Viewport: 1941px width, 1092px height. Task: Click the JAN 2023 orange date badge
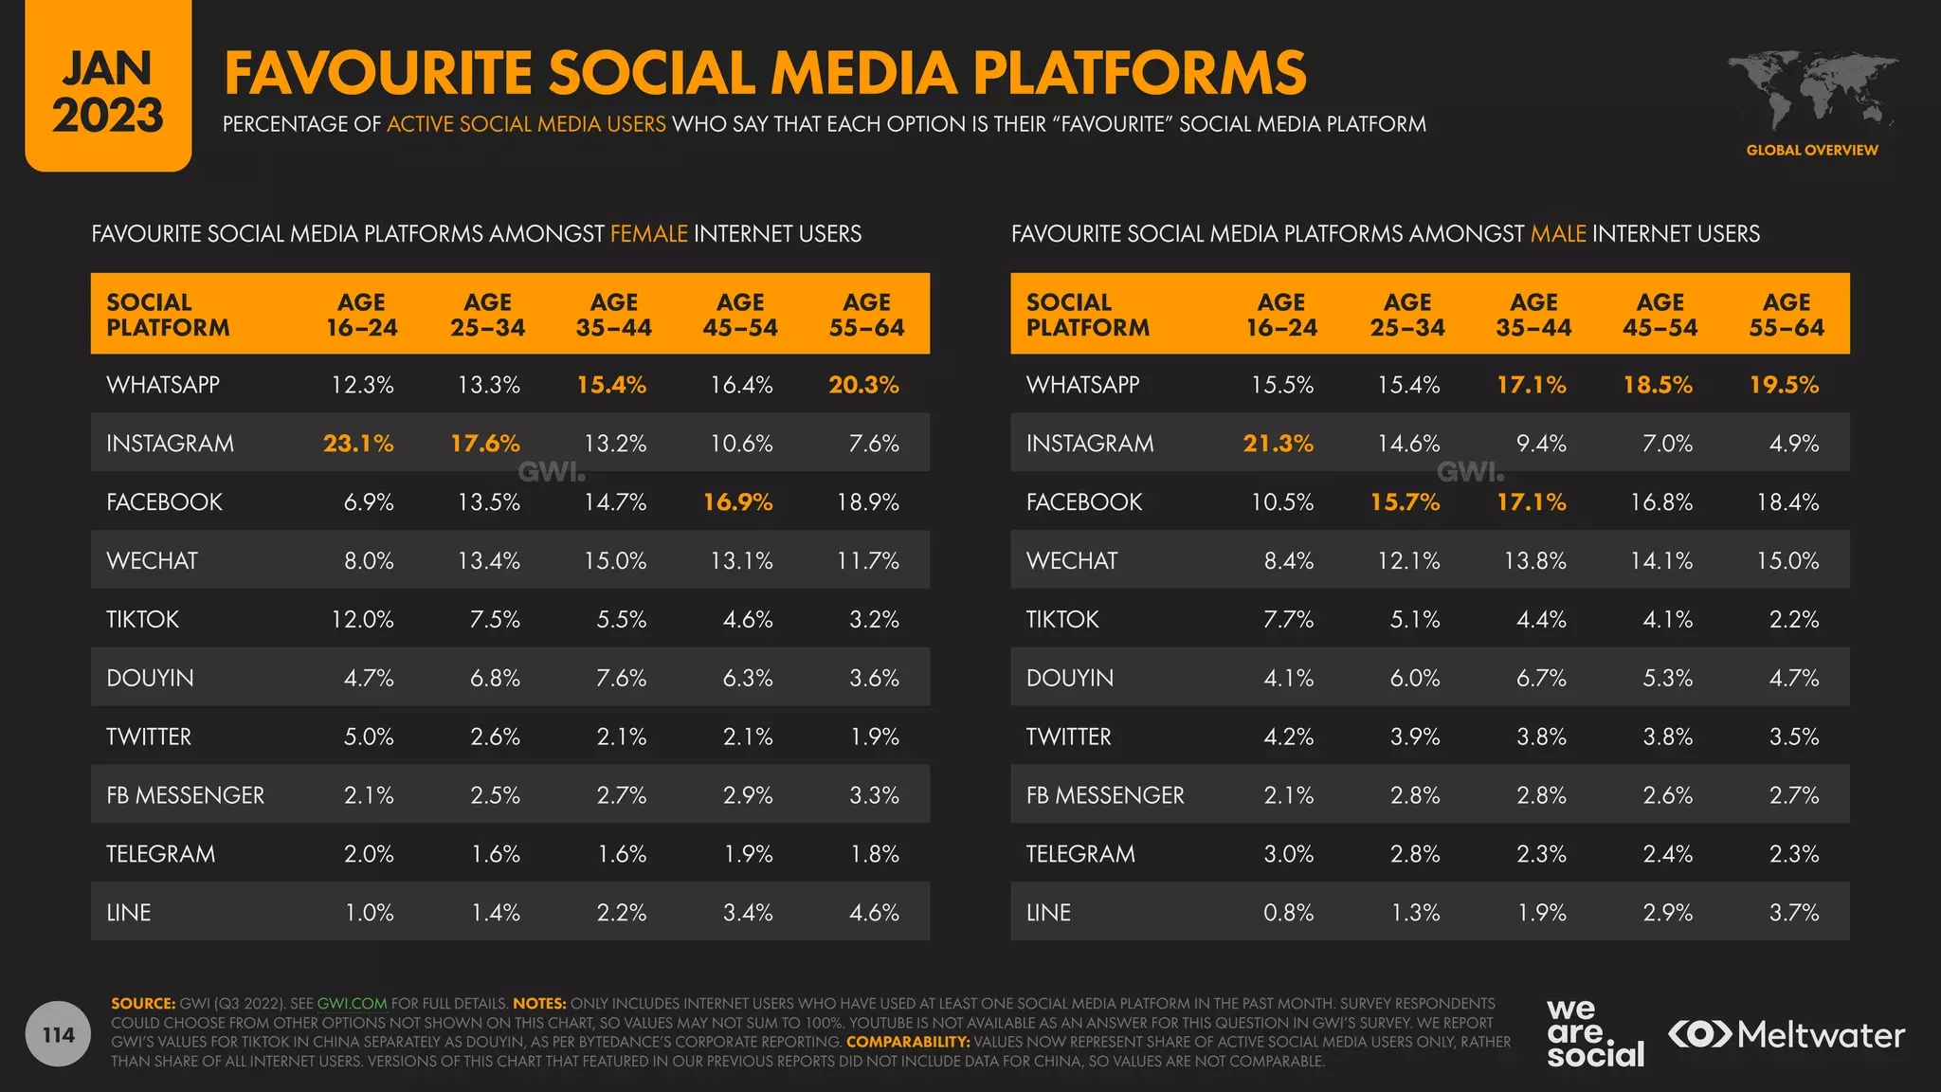[108, 91]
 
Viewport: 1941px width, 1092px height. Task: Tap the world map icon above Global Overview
[1811, 90]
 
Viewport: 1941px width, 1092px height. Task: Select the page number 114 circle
[58, 1034]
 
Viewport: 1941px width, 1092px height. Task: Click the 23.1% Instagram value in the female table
[357, 444]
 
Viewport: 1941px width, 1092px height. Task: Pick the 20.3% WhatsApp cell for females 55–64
[862, 385]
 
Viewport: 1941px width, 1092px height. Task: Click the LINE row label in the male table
[1048, 913]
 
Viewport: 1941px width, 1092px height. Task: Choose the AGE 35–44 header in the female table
[613, 315]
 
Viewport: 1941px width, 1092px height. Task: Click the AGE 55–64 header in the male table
[1786, 315]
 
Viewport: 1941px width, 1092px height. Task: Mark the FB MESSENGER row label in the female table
[185, 795]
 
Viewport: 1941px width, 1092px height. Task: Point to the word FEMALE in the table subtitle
[648, 234]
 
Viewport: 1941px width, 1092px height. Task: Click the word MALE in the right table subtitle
[1557, 234]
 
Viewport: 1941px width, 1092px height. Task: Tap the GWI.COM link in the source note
[352, 1004]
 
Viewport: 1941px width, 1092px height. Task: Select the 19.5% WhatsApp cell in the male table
[1783, 385]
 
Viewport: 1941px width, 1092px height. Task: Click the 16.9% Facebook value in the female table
[737, 502]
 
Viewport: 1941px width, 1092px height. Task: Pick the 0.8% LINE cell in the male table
[1288, 913]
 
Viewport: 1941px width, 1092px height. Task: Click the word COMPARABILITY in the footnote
[907, 1042]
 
